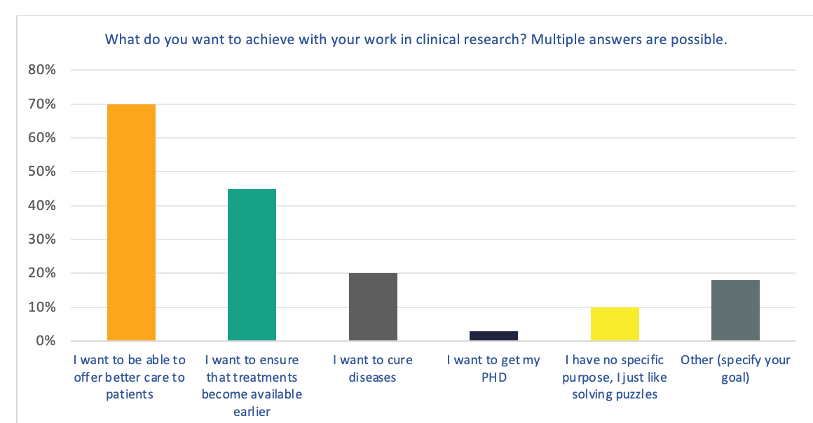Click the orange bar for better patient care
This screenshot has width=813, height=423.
(131, 223)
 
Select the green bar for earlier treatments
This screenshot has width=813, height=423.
(252, 265)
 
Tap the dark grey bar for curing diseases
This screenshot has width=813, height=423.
(373, 307)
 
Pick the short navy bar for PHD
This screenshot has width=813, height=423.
(493, 336)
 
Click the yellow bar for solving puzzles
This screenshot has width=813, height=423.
(615, 324)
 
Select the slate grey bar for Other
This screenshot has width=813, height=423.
(735, 310)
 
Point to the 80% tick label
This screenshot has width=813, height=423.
(42, 70)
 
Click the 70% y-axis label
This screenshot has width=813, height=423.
(42, 104)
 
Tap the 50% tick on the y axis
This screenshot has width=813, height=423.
(42, 172)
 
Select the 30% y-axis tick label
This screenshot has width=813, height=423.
(42, 240)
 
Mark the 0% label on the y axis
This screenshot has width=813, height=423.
(46, 340)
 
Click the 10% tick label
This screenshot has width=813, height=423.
(42, 307)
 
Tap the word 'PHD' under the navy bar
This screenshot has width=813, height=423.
(494, 377)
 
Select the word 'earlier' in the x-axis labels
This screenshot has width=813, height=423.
(252, 412)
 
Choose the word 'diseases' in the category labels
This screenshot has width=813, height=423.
(372, 377)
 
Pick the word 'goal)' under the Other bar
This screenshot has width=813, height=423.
(735, 378)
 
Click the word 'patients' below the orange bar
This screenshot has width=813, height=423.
(130, 395)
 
